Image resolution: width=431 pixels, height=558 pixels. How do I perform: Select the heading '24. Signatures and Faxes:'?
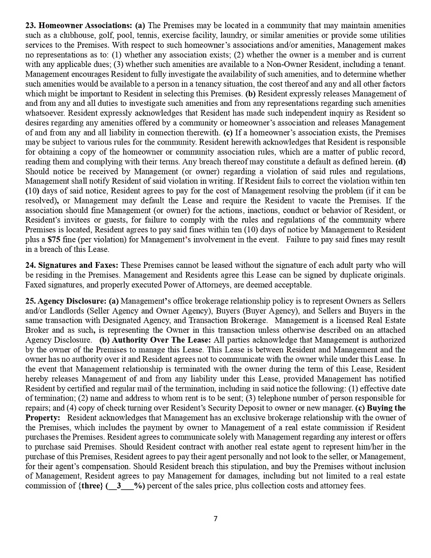(72, 265)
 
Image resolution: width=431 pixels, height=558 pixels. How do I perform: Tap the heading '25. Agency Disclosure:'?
(66, 301)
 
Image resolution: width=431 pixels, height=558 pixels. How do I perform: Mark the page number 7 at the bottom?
(215, 519)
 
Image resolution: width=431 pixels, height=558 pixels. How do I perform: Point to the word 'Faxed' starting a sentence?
(37, 284)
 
